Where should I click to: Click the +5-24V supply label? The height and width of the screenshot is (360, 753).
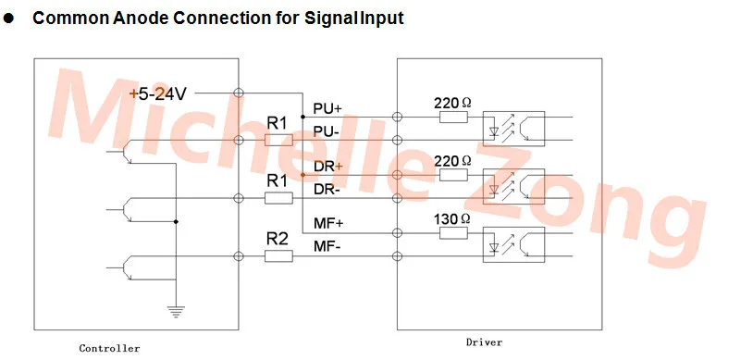tap(157, 94)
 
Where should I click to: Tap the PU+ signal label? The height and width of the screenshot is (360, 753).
tap(327, 108)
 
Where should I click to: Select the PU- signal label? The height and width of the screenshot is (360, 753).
tap(326, 131)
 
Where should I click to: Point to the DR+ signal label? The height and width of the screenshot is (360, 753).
tap(328, 167)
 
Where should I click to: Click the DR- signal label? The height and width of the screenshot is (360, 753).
tap(327, 190)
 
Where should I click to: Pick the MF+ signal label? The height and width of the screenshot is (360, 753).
tap(328, 224)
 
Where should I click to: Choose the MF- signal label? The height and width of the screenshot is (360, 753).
tap(327, 247)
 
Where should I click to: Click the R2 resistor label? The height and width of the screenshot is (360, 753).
tap(278, 239)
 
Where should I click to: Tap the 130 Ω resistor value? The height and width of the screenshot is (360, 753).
tap(452, 219)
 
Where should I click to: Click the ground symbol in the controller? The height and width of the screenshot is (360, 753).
tap(177, 312)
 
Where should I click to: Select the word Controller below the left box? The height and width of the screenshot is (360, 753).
tap(109, 349)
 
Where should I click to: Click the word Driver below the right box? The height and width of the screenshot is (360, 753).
tap(484, 342)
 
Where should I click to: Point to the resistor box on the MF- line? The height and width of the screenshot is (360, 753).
tap(278, 256)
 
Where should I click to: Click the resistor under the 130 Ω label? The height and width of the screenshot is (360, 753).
tap(453, 233)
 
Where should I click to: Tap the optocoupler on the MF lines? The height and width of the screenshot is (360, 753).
tap(513, 244)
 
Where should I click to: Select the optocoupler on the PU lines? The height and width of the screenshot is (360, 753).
tap(513, 129)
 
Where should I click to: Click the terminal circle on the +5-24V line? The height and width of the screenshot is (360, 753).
tap(238, 93)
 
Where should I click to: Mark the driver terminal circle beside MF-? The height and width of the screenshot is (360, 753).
tap(397, 256)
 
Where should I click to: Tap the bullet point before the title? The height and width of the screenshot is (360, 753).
tap(8, 19)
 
